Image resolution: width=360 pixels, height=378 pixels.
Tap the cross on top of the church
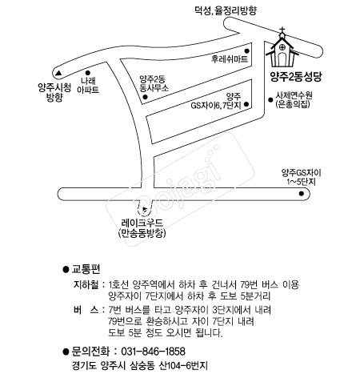click(282, 30)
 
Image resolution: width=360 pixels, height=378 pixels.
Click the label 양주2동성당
click(296, 77)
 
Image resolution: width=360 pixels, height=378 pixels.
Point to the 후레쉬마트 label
click(230, 58)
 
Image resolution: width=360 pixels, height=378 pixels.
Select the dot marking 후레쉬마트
click(246, 51)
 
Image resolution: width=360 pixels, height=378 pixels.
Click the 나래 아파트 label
click(88, 85)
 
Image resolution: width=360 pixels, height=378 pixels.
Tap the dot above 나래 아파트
click(88, 73)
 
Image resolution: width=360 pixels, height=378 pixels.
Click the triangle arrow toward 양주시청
click(58, 73)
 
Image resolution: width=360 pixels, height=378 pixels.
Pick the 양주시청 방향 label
click(54, 92)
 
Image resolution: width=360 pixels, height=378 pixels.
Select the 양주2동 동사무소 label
click(154, 83)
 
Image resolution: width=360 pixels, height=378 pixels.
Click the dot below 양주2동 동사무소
click(145, 97)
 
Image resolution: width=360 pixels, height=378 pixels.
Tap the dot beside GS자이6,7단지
click(246, 104)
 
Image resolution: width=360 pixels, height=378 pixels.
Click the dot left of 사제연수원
click(270, 100)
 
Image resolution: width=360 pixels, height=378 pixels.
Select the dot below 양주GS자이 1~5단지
click(302, 194)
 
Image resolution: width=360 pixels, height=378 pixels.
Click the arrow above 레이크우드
click(145, 210)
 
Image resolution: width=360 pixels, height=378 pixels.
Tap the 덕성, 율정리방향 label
click(226, 11)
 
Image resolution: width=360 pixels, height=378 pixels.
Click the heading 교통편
click(86, 269)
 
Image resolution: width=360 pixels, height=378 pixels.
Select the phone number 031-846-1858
click(153, 352)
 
